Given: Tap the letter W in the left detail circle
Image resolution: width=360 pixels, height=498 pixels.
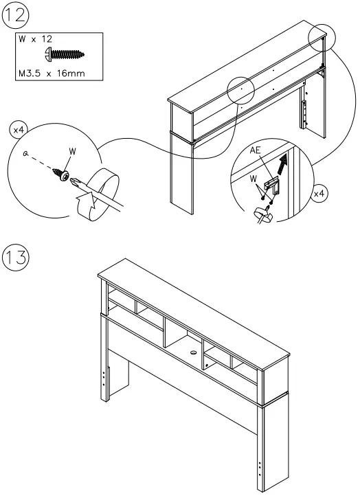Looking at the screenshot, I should (73, 151).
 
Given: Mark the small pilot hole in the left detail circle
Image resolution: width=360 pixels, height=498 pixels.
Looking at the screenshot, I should (25, 155).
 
